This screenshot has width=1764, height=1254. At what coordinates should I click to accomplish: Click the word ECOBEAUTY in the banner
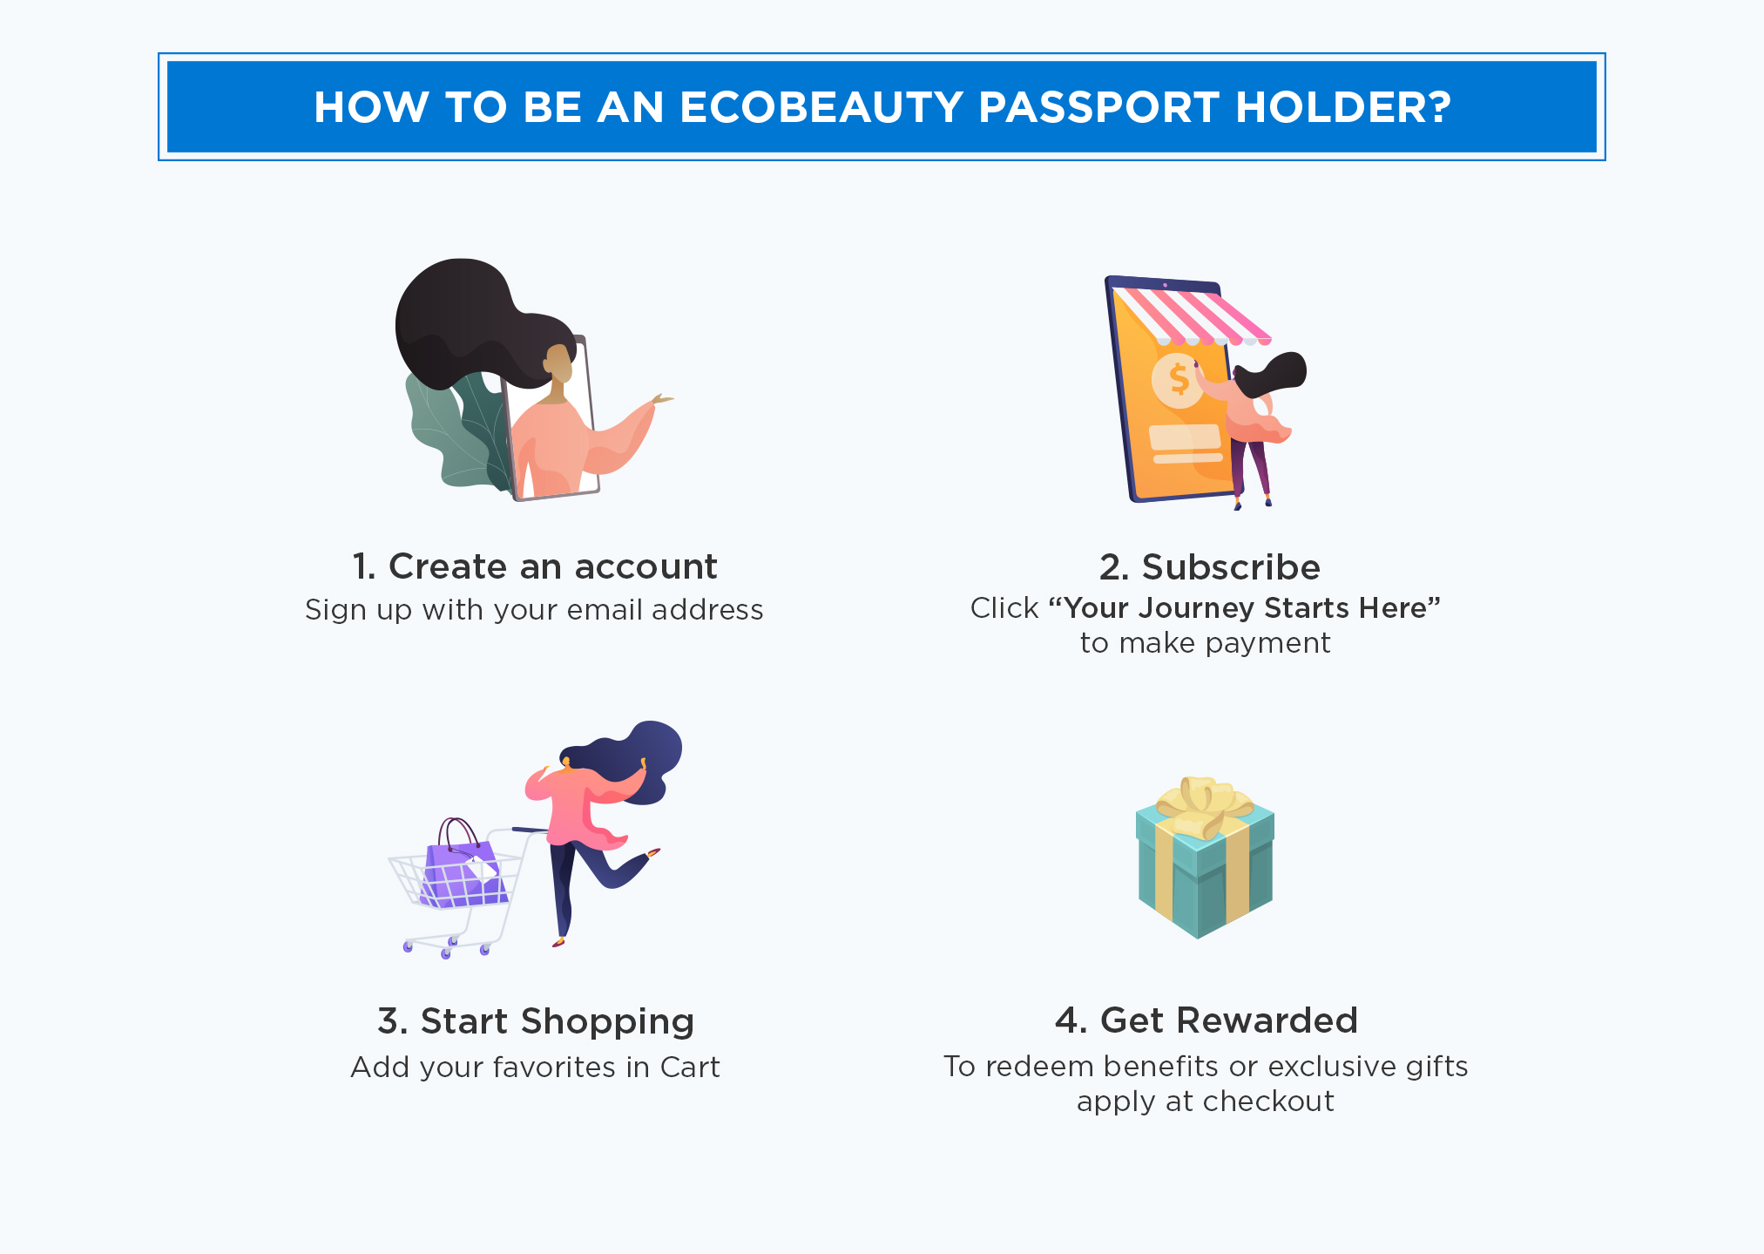(x=821, y=107)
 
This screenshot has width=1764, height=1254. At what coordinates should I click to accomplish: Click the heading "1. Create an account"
(x=535, y=566)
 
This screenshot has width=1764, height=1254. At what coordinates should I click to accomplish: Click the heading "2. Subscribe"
(x=1210, y=567)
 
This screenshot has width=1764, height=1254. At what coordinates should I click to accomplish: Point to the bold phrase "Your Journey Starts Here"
(x=1245, y=607)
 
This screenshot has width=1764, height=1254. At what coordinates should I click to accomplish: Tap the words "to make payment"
(x=1206, y=643)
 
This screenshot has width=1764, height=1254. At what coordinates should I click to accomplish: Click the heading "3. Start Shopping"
(x=536, y=1021)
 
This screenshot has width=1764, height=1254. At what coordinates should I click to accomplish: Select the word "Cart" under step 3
(x=690, y=1067)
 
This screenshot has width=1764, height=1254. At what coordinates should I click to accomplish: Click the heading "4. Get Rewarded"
(x=1206, y=1020)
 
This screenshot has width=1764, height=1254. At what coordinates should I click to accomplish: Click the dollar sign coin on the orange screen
(x=1178, y=380)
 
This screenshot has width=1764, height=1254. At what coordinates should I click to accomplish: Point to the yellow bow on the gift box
(x=1204, y=807)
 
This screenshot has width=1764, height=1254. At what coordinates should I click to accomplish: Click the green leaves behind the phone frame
(x=457, y=431)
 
